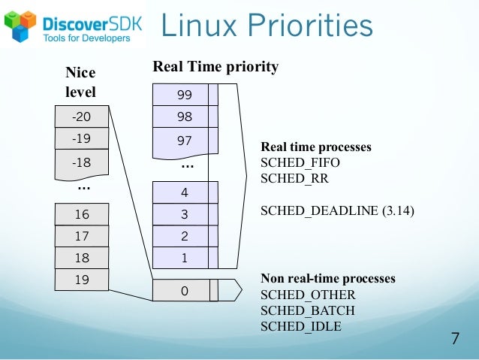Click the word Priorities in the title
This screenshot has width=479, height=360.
pos(308,26)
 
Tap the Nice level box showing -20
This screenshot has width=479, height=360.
pos(81,117)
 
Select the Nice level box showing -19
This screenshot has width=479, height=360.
pos(81,138)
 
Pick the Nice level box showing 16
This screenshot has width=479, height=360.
pos(81,215)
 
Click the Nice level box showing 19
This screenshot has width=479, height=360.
pos(81,280)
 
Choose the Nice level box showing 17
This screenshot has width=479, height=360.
pos(81,236)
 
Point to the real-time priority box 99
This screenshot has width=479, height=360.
pos(185,95)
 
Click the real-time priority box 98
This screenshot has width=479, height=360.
pos(185,116)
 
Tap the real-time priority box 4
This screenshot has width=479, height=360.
pos(185,192)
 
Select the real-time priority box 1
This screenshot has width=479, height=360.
pos(185,258)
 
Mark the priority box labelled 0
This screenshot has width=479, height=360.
pos(185,290)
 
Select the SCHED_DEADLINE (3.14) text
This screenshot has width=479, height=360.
pos(337,211)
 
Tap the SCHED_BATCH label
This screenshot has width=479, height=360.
pos(308,310)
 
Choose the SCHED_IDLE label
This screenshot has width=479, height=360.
pos(301,326)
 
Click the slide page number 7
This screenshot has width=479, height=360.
pos(454,337)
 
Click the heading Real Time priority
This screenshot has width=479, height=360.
pos(215,67)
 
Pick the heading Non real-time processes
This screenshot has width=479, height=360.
pos(327,279)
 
